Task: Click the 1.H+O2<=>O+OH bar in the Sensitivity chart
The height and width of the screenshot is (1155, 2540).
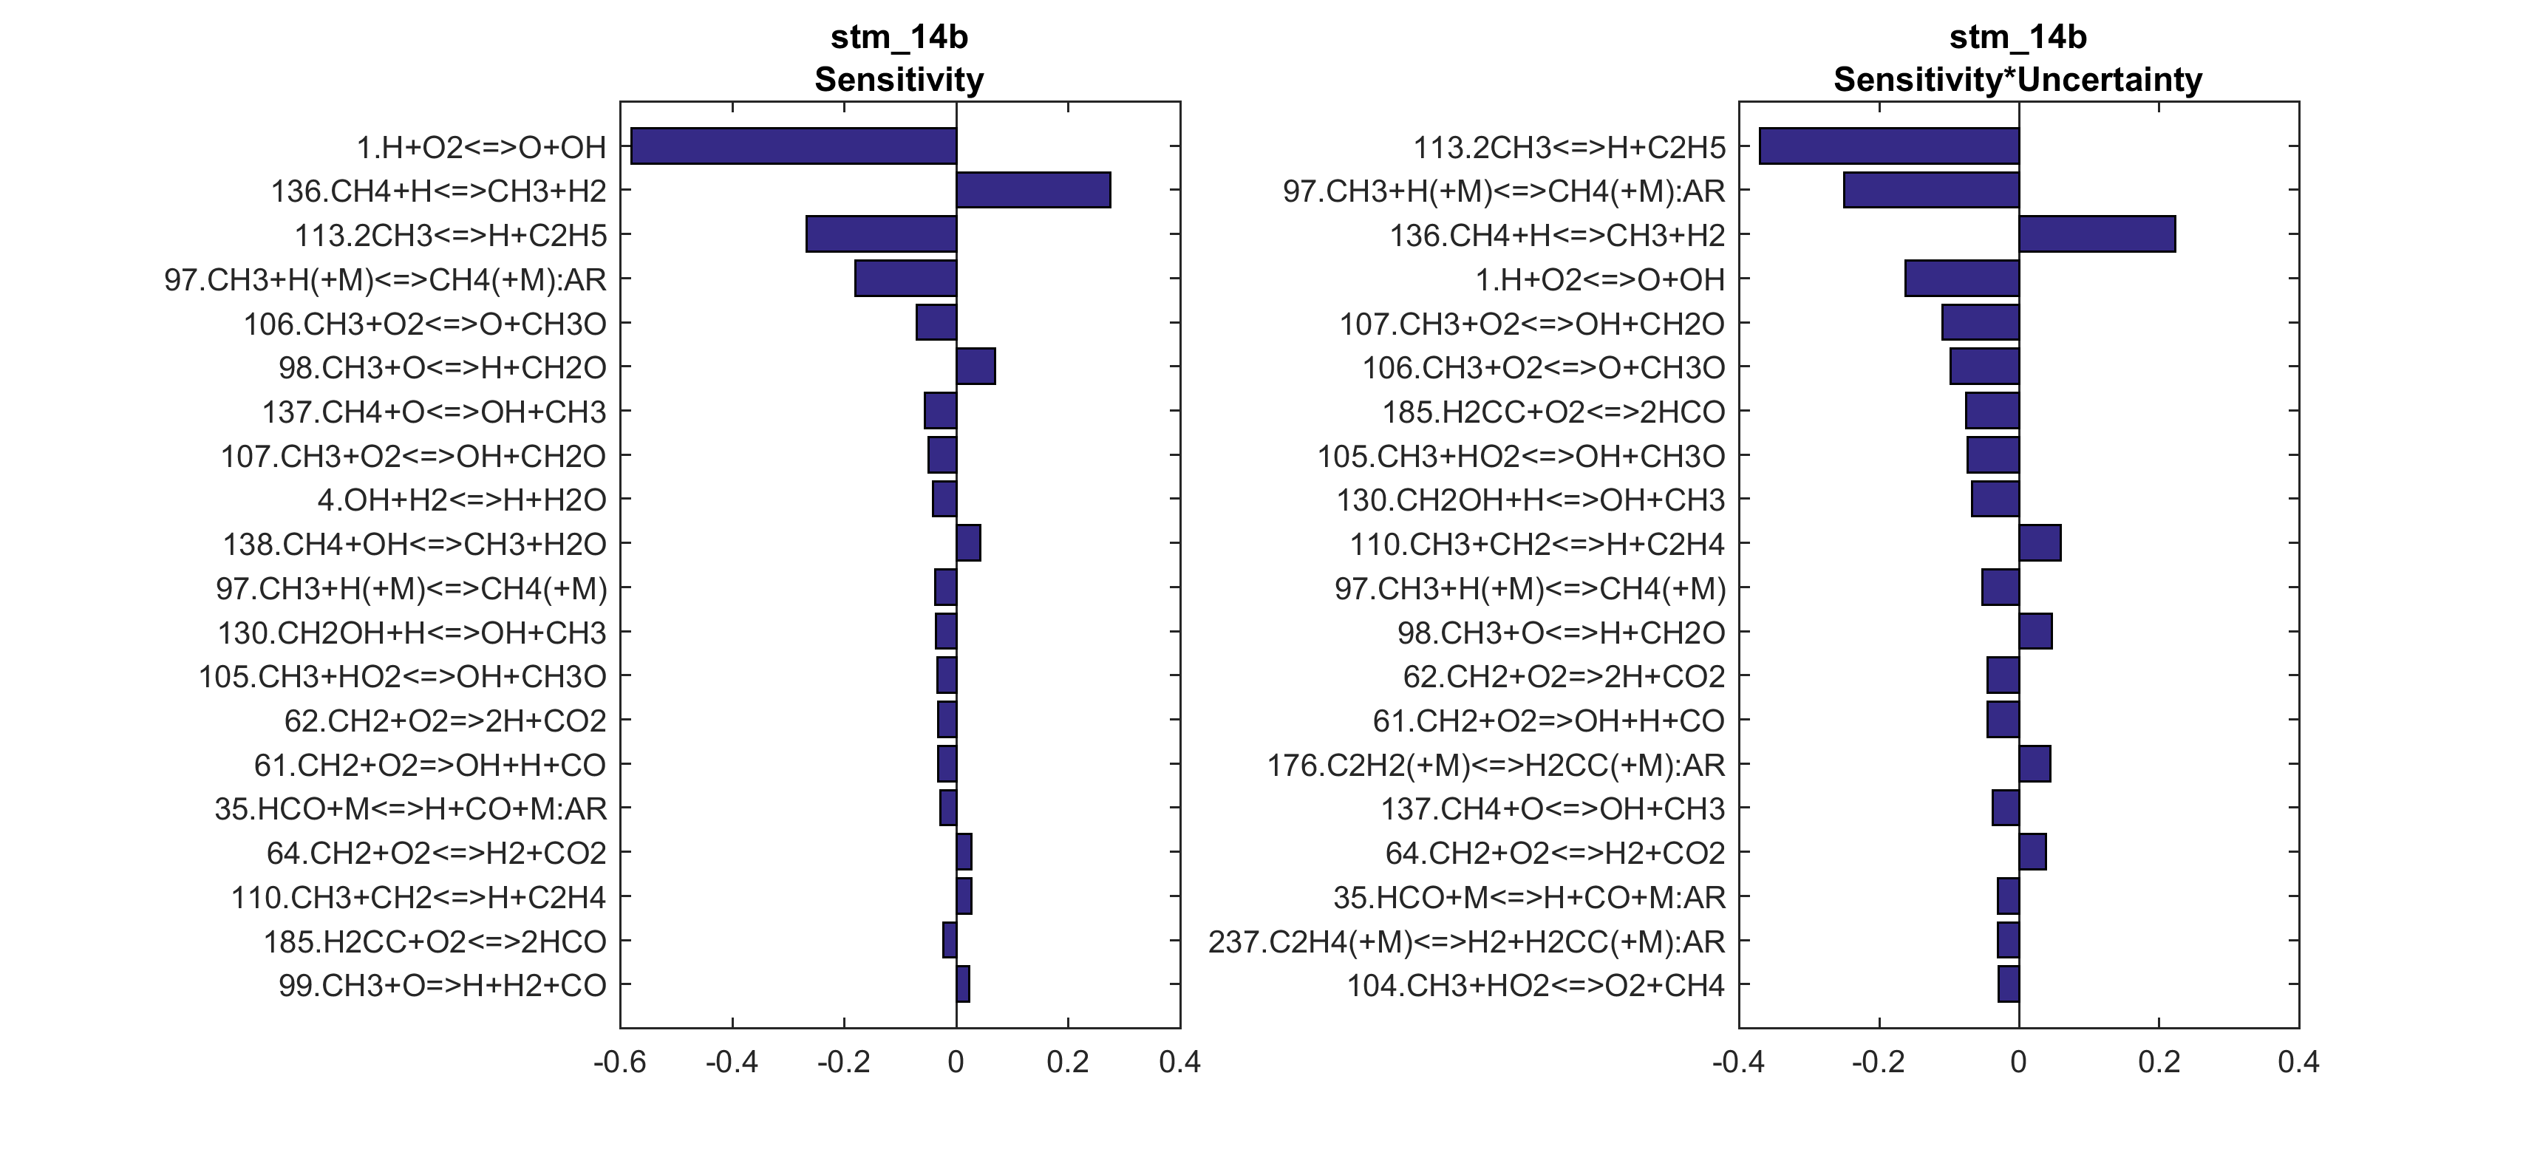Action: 793,146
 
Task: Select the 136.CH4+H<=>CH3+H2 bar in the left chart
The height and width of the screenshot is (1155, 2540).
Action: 1033,191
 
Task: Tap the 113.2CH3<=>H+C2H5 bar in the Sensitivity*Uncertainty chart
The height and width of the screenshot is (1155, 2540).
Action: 1888,146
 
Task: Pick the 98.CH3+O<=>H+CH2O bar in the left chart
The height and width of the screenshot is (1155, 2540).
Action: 976,367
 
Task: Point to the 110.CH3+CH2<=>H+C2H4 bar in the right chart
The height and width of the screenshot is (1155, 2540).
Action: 2039,543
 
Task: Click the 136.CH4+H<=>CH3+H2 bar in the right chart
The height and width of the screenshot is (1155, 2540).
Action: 2097,235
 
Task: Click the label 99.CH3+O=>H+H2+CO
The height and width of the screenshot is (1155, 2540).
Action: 442,985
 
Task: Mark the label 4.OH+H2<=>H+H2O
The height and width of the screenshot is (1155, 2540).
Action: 461,500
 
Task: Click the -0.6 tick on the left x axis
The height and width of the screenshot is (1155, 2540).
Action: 619,1063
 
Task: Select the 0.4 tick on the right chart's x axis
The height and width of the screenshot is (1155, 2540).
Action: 2298,1063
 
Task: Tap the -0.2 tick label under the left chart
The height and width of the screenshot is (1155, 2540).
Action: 843,1063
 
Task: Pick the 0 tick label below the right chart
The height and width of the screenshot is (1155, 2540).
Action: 2018,1063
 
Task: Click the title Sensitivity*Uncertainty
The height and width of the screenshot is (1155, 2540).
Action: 2018,80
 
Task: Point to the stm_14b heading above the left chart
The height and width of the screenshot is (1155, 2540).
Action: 899,38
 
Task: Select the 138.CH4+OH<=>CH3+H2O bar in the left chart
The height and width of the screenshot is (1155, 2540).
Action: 968,543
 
